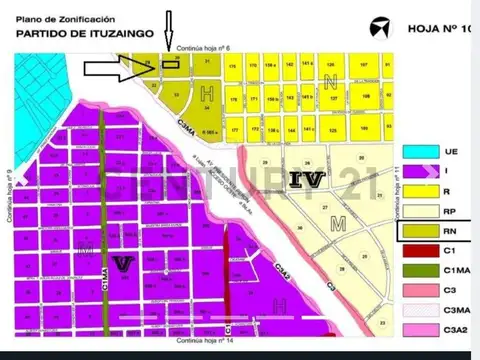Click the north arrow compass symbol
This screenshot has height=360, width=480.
tap(379, 26)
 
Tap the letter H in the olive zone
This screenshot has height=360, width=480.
tap(207, 94)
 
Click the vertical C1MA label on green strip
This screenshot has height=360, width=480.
tap(104, 274)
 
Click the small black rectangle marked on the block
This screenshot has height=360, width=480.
tap(171, 65)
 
